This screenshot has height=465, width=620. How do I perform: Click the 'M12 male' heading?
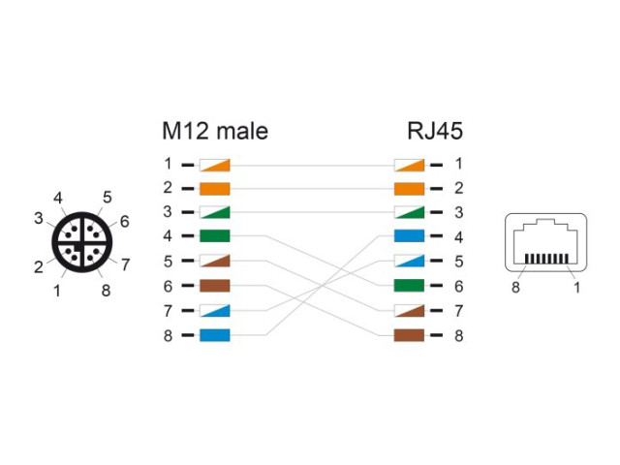click(x=215, y=131)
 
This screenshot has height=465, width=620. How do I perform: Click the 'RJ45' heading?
click(x=435, y=131)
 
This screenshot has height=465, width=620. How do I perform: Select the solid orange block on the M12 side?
click(x=215, y=189)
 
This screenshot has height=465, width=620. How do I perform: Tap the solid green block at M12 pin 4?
click(x=215, y=236)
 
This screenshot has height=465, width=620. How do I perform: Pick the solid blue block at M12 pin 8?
click(x=215, y=335)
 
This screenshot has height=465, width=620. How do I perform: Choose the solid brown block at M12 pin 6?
click(x=215, y=286)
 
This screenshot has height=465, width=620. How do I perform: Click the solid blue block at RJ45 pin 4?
click(x=409, y=236)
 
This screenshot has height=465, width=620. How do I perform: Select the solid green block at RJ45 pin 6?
click(x=409, y=286)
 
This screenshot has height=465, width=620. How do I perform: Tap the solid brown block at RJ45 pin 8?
click(x=409, y=335)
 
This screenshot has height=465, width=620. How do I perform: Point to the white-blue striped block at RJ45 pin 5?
click(x=409, y=261)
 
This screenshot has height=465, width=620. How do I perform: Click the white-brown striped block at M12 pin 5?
click(x=215, y=261)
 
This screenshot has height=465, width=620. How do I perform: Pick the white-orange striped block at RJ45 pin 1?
click(x=409, y=166)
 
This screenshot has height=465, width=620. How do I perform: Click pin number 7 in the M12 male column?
click(x=168, y=311)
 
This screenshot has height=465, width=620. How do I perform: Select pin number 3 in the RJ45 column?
click(x=458, y=212)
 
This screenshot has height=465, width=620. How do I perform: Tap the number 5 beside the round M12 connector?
click(x=108, y=198)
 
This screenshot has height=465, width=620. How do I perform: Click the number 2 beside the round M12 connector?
click(x=39, y=267)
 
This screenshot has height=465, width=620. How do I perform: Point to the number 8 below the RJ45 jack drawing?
click(x=515, y=288)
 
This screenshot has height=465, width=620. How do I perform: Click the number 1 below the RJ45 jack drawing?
click(x=577, y=288)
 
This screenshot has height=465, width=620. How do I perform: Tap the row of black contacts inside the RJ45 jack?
click(x=546, y=259)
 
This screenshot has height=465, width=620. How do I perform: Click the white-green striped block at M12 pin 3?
click(x=215, y=212)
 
